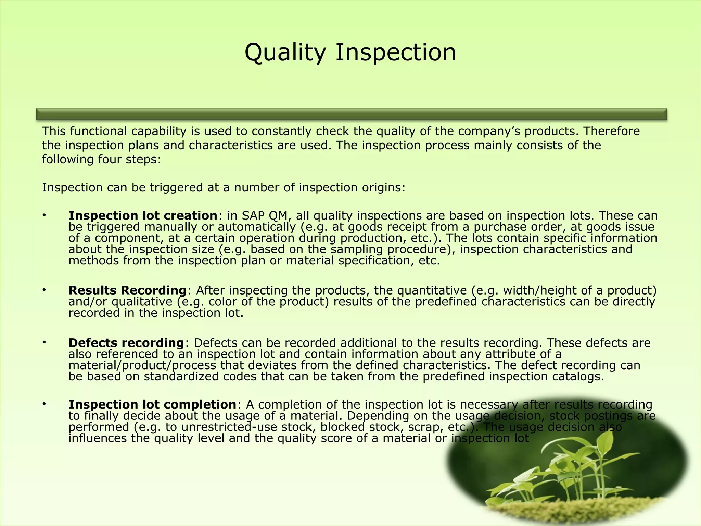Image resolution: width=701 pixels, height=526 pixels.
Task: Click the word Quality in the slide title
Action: coord(285,53)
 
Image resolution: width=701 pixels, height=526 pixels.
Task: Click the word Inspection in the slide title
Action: coord(395,53)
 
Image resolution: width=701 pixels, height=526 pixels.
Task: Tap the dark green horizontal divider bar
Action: coord(351,114)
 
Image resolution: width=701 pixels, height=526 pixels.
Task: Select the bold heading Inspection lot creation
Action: coord(143,216)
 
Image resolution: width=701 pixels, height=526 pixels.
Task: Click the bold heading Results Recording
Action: coord(127,290)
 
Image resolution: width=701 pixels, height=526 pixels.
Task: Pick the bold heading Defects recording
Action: coord(126,343)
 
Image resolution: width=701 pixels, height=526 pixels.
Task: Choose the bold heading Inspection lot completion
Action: coord(152,404)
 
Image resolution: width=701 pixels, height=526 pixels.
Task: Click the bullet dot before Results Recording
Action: coord(44,290)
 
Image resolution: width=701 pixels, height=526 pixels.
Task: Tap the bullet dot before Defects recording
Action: coord(44,342)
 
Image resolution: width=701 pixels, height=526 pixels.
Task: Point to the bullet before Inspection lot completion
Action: coord(44,404)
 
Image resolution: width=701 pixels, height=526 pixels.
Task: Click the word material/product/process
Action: coord(142,365)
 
